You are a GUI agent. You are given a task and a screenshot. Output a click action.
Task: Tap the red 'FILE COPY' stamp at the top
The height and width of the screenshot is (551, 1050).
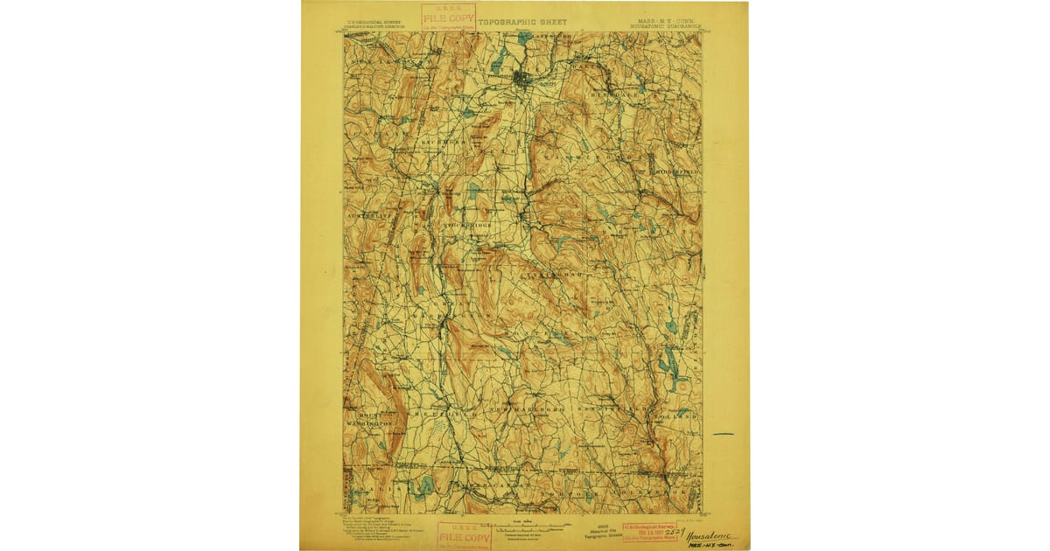(448, 17)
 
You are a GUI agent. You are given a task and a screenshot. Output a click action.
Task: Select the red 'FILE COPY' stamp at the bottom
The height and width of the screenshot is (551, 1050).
(464, 534)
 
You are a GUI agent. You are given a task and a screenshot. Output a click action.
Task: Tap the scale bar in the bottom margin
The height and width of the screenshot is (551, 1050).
(525, 528)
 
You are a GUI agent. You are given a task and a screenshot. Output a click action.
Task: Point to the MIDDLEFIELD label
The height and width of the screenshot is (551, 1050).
(675, 173)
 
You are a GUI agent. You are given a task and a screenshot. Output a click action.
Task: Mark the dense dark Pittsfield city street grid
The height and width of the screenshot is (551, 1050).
(523, 80)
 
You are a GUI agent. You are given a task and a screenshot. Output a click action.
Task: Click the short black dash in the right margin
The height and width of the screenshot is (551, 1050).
(723, 434)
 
